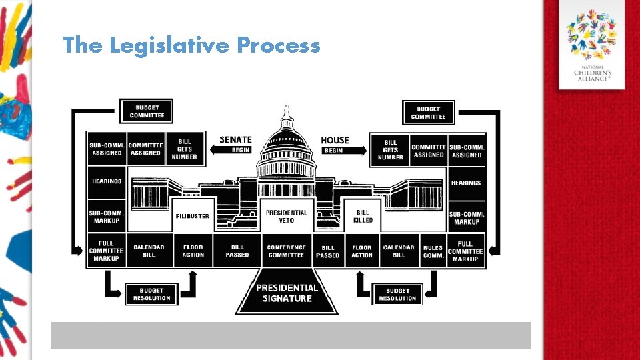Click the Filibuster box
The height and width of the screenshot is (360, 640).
[193, 215]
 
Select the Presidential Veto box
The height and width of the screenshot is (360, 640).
[287, 216]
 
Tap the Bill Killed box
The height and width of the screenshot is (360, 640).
[363, 216]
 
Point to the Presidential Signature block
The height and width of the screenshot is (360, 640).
[287, 294]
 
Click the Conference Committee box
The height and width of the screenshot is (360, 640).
[287, 251]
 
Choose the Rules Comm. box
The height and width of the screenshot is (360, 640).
[433, 251]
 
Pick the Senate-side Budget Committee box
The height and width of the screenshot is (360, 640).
[147, 111]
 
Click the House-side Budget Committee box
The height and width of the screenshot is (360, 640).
[428, 112]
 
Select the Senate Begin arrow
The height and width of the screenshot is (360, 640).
[235, 150]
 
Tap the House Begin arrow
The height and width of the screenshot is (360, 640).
[343, 151]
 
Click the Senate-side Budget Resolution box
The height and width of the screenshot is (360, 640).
[151, 294]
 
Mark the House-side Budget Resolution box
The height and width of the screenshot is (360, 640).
[397, 294]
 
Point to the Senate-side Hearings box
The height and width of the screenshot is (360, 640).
[107, 181]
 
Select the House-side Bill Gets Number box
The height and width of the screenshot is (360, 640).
[391, 150]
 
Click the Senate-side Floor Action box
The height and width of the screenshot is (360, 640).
[193, 251]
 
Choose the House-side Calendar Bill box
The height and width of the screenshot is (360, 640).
[399, 251]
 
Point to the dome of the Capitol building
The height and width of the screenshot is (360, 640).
[287, 137]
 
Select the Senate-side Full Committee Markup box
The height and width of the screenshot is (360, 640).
[106, 251]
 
